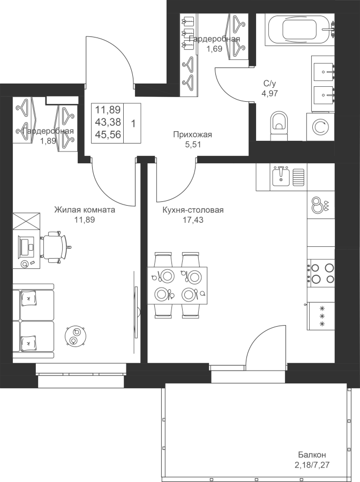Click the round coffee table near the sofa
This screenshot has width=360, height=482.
click(x=76, y=336)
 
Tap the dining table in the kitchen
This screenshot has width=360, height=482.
click(x=177, y=285)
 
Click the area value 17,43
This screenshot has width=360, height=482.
click(x=192, y=220)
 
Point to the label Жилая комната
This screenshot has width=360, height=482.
click(x=85, y=210)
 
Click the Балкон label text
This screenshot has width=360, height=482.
click(x=312, y=454)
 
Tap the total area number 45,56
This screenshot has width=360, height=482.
click(x=108, y=134)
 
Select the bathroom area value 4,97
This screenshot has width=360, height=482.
click(x=269, y=93)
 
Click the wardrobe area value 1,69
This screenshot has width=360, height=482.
click(x=214, y=49)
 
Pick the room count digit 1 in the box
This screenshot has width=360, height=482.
click(x=133, y=124)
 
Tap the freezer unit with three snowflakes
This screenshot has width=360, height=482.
click(x=321, y=316)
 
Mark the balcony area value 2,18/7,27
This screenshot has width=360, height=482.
click(x=312, y=464)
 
